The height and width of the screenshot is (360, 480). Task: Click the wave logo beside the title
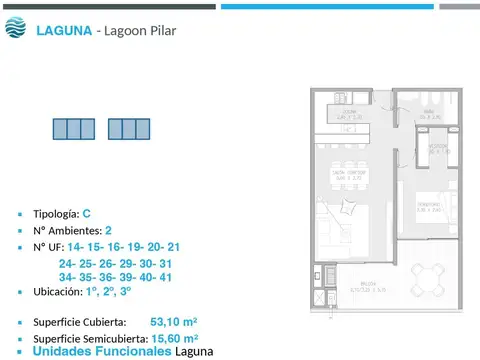pos(17,29)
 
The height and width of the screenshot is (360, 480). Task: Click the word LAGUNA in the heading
pos(63,30)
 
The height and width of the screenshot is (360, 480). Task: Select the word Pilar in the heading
pos(160,30)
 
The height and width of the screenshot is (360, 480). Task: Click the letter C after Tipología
pos(87,213)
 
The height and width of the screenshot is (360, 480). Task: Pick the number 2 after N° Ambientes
pos(108,229)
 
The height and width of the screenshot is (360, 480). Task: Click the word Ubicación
pos(58,292)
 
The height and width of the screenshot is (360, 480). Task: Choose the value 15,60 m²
pos(176,338)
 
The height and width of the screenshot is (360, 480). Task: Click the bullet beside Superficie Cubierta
pos(20,323)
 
